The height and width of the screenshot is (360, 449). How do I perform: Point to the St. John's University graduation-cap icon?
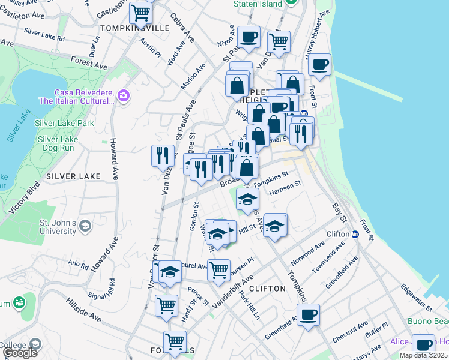[x=85, y=226]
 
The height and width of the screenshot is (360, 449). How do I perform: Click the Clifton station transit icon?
[x=355, y=234]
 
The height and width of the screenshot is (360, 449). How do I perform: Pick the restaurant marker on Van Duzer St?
[x=163, y=155]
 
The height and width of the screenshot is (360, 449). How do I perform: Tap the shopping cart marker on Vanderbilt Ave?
[x=219, y=270]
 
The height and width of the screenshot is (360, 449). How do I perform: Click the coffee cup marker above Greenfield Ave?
[x=308, y=314]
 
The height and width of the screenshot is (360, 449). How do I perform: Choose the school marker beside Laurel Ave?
[x=170, y=272]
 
